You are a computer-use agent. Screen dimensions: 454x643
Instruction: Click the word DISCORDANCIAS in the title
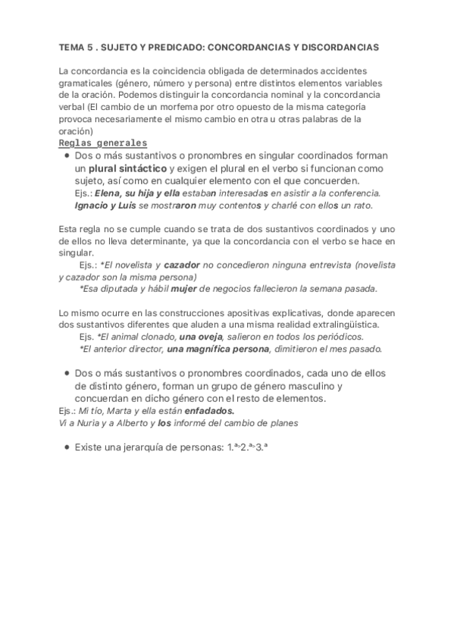click(x=337, y=47)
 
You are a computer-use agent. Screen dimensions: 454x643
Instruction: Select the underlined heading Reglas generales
click(x=102, y=143)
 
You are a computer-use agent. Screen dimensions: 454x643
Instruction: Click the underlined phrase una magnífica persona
click(x=218, y=349)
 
